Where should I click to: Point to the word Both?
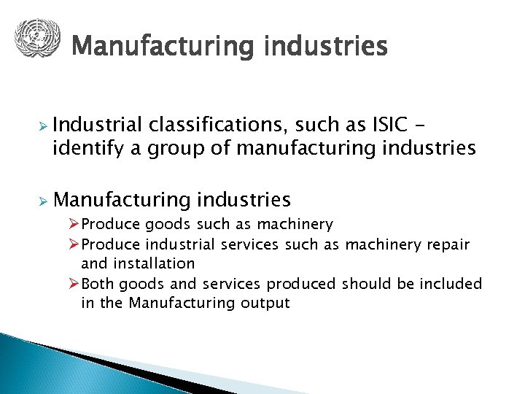click(x=98, y=283)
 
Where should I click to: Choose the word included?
click(x=451, y=283)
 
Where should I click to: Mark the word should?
click(x=367, y=283)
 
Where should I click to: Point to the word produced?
click(x=301, y=283)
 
